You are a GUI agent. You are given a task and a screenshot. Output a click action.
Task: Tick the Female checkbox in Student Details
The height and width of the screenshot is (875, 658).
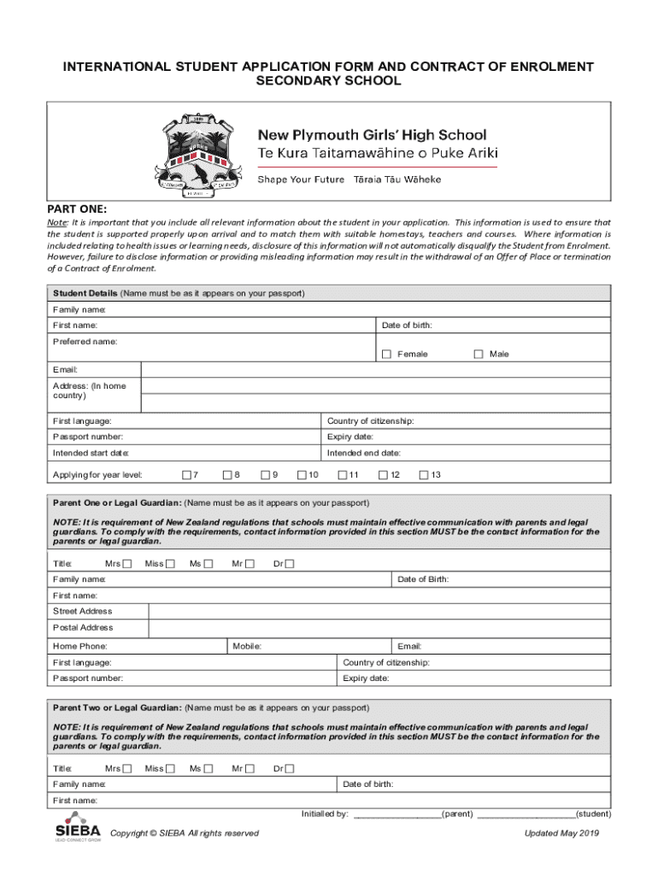tap(387, 354)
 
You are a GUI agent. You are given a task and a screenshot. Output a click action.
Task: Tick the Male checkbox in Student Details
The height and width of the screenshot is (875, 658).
tap(479, 354)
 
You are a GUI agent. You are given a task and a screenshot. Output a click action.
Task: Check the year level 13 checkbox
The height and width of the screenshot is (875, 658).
tap(423, 474)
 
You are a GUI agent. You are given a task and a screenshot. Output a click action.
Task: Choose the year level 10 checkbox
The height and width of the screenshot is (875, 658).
tap(302, 474)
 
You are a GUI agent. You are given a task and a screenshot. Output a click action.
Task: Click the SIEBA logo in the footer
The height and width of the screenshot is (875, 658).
tap(77, 826)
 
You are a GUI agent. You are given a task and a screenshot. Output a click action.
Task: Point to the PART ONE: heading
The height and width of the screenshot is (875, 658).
tap(77, 208)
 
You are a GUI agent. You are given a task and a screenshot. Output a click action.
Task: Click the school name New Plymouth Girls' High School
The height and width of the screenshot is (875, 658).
tap(373, 135)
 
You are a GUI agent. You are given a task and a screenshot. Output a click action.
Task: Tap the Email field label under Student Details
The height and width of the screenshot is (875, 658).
tap(66, 370)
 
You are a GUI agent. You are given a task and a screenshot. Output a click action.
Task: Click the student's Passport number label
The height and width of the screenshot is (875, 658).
tap(88, 437)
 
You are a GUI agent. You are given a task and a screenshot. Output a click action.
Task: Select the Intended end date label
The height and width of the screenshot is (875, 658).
tap(364, 453)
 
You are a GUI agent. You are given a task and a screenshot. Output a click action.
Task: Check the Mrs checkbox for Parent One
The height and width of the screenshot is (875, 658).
tap(127, 563)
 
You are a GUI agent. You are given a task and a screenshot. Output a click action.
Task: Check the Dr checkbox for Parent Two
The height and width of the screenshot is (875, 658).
tap(289, 768)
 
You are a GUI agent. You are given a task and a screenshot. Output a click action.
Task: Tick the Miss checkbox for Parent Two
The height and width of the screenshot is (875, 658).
tap(169, 768)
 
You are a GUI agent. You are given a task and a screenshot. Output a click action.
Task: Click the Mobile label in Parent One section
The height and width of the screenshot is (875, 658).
tap(247, 646)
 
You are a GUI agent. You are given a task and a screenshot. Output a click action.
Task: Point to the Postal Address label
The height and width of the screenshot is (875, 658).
tap(83, 628)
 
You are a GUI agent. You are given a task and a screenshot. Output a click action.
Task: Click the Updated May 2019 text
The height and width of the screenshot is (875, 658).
tap(562, 833)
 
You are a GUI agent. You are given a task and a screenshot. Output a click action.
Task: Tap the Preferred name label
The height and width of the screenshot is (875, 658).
tap(85, 342)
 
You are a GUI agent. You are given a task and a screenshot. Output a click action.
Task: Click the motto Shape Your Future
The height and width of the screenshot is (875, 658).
tap(302, 179)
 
